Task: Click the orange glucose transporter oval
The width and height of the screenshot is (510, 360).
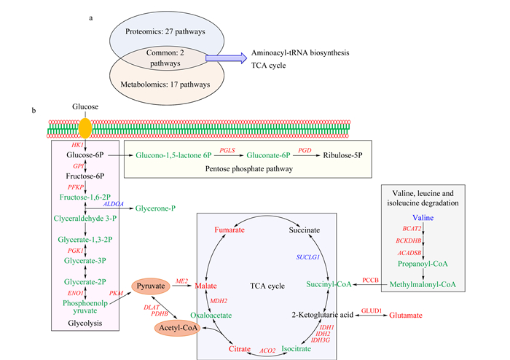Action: pyautogui.click(x=85, y=128)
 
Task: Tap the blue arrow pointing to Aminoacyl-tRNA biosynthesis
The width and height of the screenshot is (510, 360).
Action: pyautogui.click(x=226, y=58)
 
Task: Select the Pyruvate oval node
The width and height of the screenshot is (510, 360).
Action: pyautogui.click(x=151, y=286)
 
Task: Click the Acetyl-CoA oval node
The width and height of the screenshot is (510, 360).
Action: pyautogui.click(x=178, y=328)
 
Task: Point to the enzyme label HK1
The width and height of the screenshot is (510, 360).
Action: pyautogui.click(x=77, y=145)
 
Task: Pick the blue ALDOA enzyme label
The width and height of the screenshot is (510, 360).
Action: pyautogui.click(x=114, y=204)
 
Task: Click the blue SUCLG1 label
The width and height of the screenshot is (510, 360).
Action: pyautogui.click(x=307, y=257)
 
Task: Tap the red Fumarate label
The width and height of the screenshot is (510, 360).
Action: pyautogui.click(x=229, y=230)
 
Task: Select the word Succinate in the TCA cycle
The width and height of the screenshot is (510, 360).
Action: pyautogui.click(x=304, y=230)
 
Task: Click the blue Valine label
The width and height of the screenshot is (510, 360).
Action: pyautogui.click(x=423, y=218)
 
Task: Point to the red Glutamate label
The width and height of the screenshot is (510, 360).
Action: pyautogui.click(x=406, y=316)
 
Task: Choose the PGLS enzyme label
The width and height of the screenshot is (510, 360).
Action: pyautogui.click(x=227, y=150)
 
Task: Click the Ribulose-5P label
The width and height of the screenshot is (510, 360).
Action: pyautogui.click(x=342, y=155)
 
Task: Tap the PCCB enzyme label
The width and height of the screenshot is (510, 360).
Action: pyautogui.click(x=370, y=281)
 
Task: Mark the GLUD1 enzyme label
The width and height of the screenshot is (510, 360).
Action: pyautogui.click(x=372, y=311)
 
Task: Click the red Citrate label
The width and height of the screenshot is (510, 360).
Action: pyautogui.click(x=240, y=349)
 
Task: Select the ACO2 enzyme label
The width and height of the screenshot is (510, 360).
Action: pyautogui.click(x=267, y=351)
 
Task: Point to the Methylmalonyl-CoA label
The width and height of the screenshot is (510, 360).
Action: pyautogui.click(x=423, y=285)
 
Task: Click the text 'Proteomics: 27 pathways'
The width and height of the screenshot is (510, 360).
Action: pyautogui.click(x=165, y=31)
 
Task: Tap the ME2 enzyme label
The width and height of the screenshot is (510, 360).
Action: pyautogui.click(x=181, y=281)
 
